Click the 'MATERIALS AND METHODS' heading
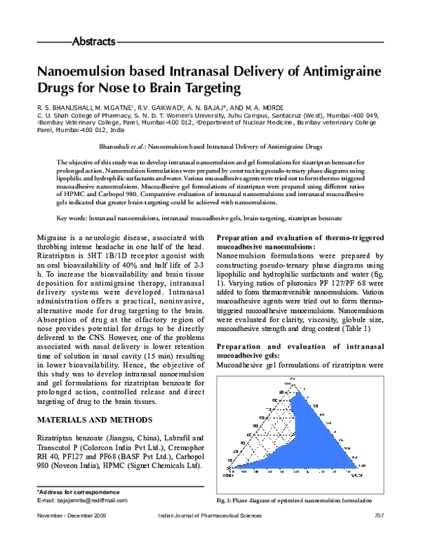point(94,420)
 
